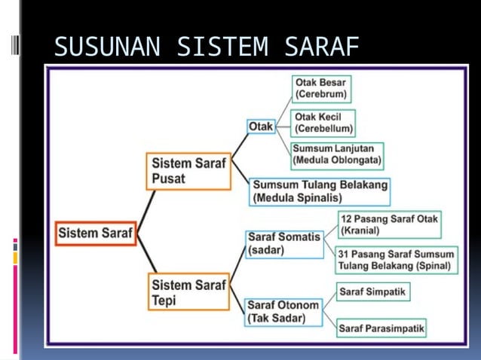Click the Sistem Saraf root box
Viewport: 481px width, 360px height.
(x=95, y=233)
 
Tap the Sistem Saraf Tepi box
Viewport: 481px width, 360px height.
(x=188, y=291)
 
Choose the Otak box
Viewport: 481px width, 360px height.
(x=261, y=127)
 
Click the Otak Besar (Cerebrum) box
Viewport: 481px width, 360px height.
(x=321, y=89)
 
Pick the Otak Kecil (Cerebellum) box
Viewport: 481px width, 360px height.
(x=323, y=123)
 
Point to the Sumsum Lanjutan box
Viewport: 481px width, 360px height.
(x=337, y=154)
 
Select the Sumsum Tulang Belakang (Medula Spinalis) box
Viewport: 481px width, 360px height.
(x=320, y=191)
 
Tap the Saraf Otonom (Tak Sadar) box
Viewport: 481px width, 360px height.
(x=283, y=312)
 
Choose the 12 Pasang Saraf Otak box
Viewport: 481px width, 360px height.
(x=389, y=224)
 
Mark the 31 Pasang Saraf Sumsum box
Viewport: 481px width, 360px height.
(x=397, y=260)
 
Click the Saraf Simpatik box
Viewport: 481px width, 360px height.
(x=374, y=291)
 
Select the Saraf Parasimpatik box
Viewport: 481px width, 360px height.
(x=381, y=328)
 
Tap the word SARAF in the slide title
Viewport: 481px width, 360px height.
(x=321, y=47)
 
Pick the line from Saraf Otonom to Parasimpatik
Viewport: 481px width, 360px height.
(x=329, y=318)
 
